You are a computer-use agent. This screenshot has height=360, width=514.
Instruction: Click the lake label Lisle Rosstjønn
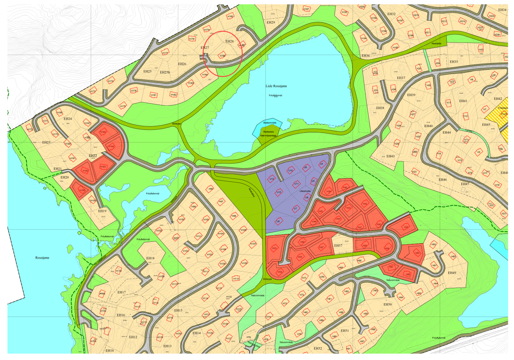[276, 86]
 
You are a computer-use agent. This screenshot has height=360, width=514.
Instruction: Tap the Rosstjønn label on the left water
[42, 258]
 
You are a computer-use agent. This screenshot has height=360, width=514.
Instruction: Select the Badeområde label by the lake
[270, 123]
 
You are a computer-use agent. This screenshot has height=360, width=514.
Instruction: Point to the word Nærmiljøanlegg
[268, 136]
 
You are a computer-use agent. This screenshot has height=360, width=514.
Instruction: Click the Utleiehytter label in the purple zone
[305, 191]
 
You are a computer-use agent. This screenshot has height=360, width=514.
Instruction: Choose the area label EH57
[338, 246]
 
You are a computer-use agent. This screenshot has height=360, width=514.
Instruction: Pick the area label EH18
[150, 258]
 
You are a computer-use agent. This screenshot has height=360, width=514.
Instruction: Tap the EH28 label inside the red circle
[229, 41]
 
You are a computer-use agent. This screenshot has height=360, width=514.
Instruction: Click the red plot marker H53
[274, 248]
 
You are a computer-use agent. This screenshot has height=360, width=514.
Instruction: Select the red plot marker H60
[417, 253]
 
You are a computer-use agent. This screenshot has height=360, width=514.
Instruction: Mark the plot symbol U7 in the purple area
[295, 209]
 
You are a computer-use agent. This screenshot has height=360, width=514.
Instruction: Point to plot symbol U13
[272, 179]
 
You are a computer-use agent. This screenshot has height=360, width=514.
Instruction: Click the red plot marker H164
[111, 146]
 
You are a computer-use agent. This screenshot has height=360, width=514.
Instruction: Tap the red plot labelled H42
[365, 204]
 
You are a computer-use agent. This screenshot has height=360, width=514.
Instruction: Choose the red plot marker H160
[82, 190]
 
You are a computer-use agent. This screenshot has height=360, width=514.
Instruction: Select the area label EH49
[452, 273]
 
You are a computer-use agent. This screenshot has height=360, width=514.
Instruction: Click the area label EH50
[387, 304]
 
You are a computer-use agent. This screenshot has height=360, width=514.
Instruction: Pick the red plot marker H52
[406, 227]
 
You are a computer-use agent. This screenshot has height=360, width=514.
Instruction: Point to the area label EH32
[391, 14]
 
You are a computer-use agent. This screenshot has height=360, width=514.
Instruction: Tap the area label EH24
[68, 119]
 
